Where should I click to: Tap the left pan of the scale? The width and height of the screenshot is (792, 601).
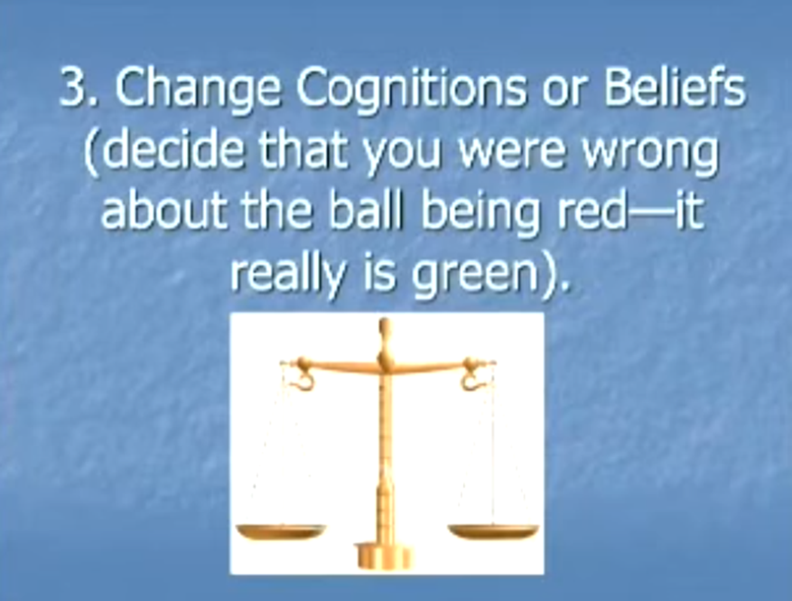coord(281,531)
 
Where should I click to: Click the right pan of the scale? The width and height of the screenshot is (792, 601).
coord(493,531)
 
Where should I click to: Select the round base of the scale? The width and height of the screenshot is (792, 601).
coord(384,555)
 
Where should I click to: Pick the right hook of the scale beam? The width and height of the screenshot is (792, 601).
coord(471,374)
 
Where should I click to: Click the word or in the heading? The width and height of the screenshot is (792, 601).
coord(564,92)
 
